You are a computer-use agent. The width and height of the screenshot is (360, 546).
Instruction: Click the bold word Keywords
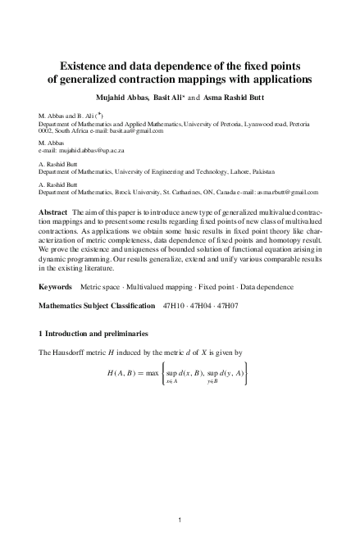coord(57,288)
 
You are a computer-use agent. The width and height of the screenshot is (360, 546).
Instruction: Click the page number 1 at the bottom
coord(180,519)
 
